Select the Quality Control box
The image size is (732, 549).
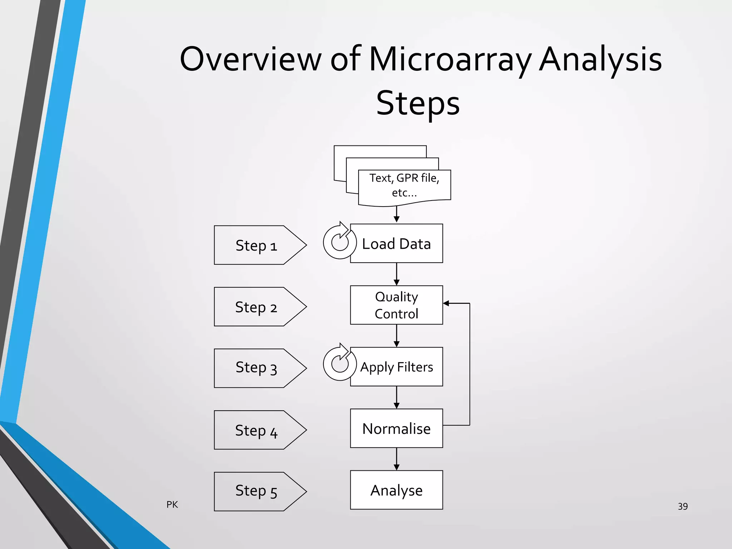tap(396, 305)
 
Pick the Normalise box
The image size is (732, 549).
tap(396, 428)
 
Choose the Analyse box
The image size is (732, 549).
tap(396, 490)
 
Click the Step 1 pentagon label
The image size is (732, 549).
tap(256, 246)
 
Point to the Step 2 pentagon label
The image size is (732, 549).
tap(256, 307)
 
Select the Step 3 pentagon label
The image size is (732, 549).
tap(256, 368)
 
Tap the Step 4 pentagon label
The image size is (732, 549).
tap(256, 430)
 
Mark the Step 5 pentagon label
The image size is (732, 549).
tap(256, 491)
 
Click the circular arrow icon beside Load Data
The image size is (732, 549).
tap(339, 242)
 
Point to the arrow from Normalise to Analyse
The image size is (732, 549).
tap(396, 459)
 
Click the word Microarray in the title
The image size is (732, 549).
tap(450, 59)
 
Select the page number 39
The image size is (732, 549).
tap(682, 506)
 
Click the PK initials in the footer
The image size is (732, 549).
tap(172, 504)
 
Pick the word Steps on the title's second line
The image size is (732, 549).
tap(418, 103)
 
